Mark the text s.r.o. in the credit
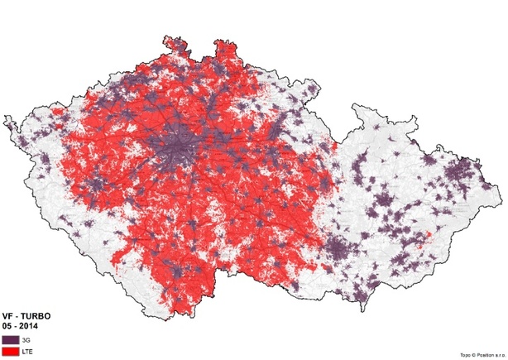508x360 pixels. pyautogui.click(x=491, y=354)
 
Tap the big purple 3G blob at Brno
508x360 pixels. pyautogui.click(x=336, y=248)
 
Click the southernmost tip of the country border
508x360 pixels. pyautogui.click(x=176, y=316)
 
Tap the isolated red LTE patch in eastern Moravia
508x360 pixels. pyautogui.click(x=428, y=240)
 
